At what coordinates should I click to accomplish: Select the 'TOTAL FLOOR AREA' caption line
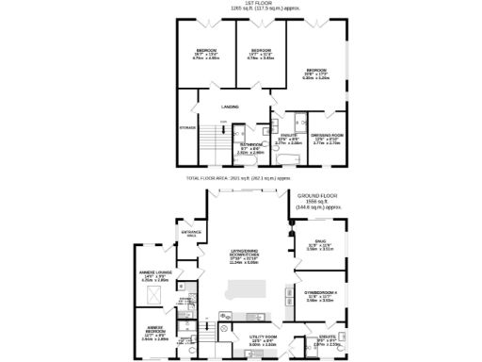[239, 177]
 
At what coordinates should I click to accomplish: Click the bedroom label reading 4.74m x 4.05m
[206, 54]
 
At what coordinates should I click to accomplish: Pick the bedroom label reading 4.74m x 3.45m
[259, 54]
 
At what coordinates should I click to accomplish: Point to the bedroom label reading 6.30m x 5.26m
[314, 74]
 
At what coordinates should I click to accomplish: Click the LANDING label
[230, 107]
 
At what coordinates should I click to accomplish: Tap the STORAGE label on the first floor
[186, 127]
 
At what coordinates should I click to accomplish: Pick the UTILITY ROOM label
[262, 339]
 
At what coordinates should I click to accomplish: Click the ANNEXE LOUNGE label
[153, 276]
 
